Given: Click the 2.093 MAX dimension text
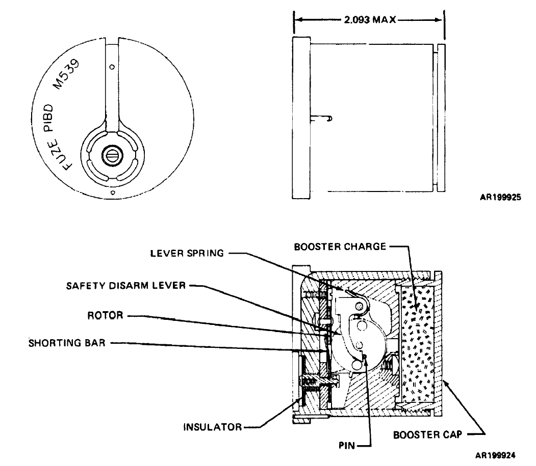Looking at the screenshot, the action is click(370, 20).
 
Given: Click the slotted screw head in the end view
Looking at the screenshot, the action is click(112, 155).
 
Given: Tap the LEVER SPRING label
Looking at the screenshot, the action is click(187, 253).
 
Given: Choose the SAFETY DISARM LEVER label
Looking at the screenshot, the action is click(126, 285).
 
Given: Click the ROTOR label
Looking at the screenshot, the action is click(105, 315).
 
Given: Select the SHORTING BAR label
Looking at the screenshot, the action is click(67, 343).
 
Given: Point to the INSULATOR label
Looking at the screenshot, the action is click(213, 427).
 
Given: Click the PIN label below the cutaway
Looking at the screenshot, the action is click(347, 446).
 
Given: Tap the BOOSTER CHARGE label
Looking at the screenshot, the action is click(340, 246).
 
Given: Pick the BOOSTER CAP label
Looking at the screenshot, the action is click(428, 435).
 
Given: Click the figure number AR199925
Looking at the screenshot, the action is click(500, 197).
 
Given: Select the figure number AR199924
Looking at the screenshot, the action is click(495, 455).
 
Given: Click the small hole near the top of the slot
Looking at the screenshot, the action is click(112, 67).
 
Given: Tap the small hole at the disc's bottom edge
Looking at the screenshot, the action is click(113, 193).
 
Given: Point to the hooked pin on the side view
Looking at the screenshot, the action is click(321, 119).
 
